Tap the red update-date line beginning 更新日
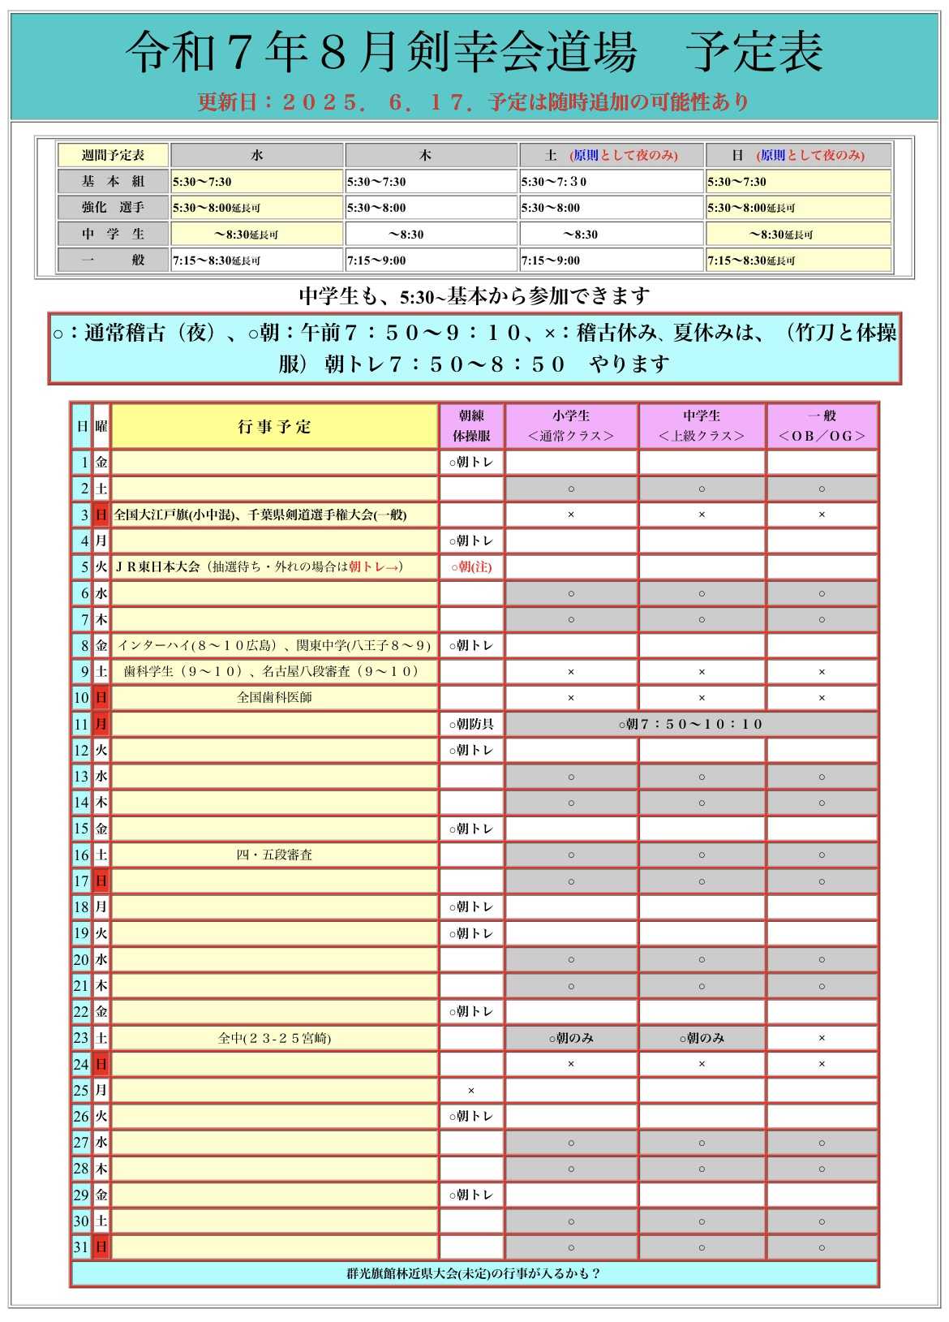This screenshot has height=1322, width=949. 474,102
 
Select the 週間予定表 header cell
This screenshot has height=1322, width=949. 113,155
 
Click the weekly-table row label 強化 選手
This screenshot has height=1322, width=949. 113,207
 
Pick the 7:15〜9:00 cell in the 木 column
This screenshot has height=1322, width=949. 431,261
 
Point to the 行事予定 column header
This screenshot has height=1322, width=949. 274,427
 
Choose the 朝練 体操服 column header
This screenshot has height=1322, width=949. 471,426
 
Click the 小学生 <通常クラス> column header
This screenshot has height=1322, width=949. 571,426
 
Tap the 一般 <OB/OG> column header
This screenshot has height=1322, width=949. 822,426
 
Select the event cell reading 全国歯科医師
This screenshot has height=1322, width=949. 274,697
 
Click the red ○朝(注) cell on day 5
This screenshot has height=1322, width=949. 471,566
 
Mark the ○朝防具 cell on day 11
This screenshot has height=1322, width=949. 471,724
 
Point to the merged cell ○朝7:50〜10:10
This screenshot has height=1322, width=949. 691,724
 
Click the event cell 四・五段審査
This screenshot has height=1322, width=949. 274,855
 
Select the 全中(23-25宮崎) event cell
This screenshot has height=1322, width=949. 274,1038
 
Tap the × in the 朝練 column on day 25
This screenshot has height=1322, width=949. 471,1091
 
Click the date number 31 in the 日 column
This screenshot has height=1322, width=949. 81,1247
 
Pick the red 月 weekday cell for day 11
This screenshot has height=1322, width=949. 101,724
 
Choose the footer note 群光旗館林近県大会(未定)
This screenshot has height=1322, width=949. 474,1273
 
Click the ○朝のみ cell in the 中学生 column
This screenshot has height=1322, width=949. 702,1038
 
